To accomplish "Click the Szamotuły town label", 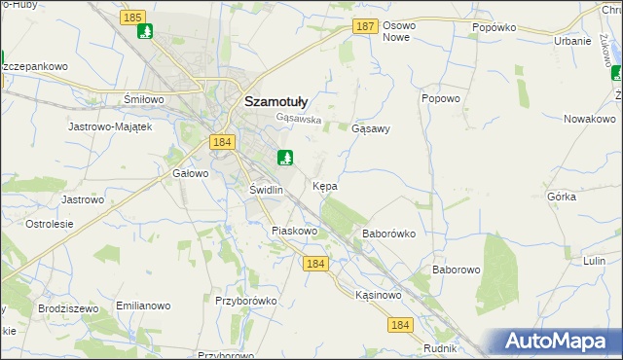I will tap(275, 99).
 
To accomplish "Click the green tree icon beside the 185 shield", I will tap(145, 32).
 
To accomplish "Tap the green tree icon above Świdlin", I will tap(285, 157).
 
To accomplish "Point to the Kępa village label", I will tap(325, 185).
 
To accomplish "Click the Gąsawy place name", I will tap(370, 128).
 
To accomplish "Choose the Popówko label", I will tap(493, 28).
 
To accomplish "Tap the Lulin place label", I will tap(596, 262).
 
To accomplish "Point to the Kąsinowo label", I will tap(379, 295).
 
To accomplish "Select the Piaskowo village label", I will tap(295, 232).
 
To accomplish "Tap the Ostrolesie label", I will tap(49, 224).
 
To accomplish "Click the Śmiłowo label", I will tap(142, 99).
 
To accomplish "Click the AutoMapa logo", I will tap(560, 342).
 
